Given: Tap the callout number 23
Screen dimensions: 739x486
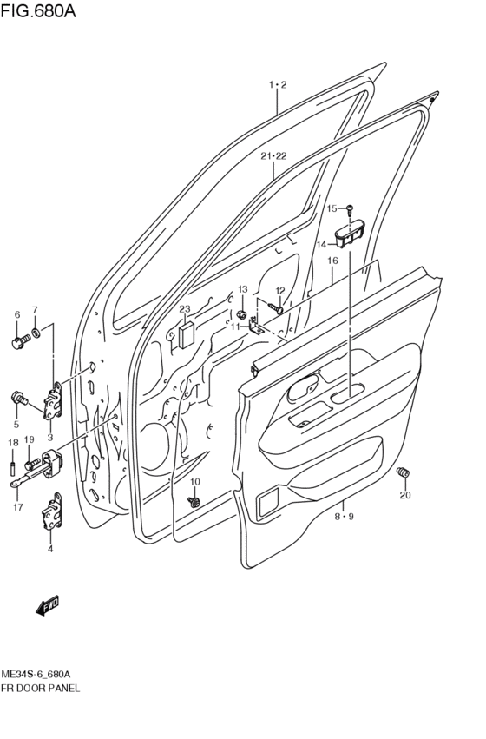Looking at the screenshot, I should [184, 309].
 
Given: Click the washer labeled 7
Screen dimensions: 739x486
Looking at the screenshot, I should [36, 333].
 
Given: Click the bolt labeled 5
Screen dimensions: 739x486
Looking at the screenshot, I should [17, 399].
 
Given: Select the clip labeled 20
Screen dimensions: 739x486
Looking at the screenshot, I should [403, 473].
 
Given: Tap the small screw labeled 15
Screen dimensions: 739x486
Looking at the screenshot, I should [349, 208].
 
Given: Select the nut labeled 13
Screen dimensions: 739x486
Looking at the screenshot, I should [242, 313].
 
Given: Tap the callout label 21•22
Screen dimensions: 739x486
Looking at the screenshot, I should [273, 156].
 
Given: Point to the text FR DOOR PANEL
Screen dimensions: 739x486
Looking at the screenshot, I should [41, 688].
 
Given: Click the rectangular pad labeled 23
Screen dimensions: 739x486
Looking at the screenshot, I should [186, 335].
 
